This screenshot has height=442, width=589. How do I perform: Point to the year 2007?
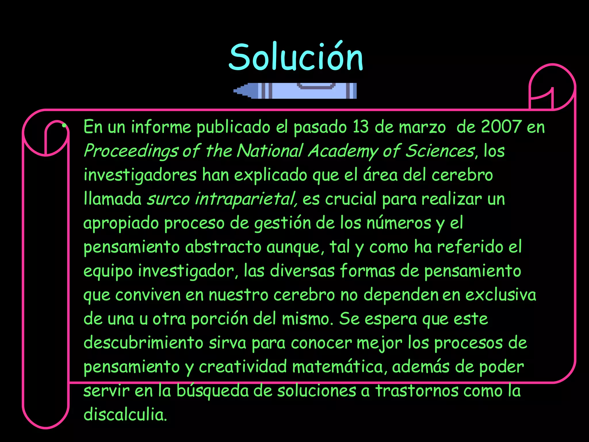[501, 127]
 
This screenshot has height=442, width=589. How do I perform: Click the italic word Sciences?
[439, 151]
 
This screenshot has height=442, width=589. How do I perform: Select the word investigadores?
[140, 175]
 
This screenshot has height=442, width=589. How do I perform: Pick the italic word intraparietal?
[246, 199]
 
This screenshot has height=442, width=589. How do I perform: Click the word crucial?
[351, 199]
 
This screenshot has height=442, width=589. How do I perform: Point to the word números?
[399, 223]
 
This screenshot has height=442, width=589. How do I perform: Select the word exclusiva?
[500, 295]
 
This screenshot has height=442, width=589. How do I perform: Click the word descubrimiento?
[143, 343]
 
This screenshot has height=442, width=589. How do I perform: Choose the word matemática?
[337, 367]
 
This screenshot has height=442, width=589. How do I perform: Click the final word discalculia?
[125, 415]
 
